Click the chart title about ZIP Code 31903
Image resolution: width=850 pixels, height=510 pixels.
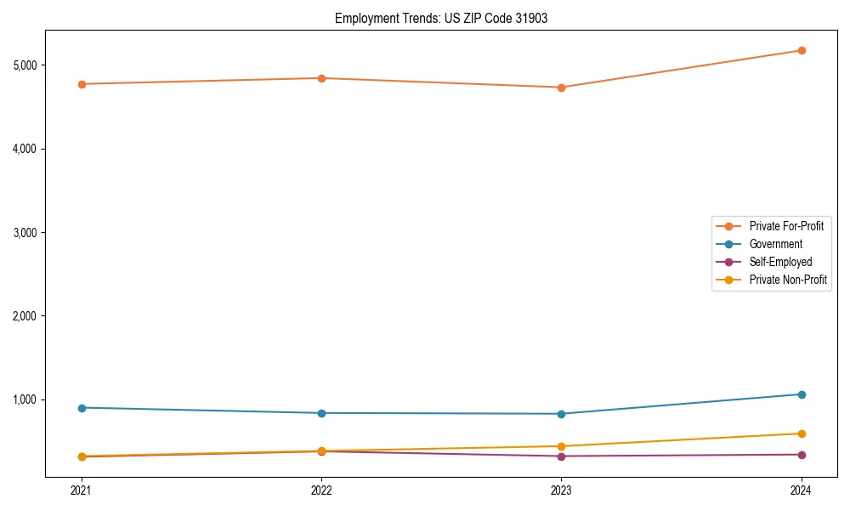[x=441, y=18]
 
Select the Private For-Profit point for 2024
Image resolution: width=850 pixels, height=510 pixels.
[x=802, y=50]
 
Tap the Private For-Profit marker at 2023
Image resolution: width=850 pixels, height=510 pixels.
[x=561, y=88]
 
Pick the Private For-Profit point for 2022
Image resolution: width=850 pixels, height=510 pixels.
[x=321, y=78]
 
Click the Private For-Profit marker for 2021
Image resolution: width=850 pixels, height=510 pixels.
[x=82, y=84]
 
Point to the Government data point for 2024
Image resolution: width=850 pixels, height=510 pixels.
[x=802, y=394]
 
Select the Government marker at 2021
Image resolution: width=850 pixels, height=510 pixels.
[x=82, y=408]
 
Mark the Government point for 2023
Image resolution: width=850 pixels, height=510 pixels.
[x=561, y=414]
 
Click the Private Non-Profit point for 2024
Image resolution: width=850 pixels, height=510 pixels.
[x=802, y=433]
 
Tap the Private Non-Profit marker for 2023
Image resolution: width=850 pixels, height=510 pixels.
[x=561, y=446]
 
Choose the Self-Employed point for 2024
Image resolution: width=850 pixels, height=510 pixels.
[x=802, y=455]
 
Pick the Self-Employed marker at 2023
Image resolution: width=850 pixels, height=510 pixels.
[x=561, y=456]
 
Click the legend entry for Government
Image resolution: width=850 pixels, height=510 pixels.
[x=775, y=244]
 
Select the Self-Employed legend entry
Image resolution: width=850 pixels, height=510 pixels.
[x=780, y=262]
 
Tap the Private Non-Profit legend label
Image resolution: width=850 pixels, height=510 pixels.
[x=788, y=280]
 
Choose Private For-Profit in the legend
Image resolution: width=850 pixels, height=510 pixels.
[x=786, y=226]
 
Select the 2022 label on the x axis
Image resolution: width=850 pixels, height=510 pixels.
[x=321, y=490]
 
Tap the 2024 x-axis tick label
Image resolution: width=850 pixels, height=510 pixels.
[x=802, y=490]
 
